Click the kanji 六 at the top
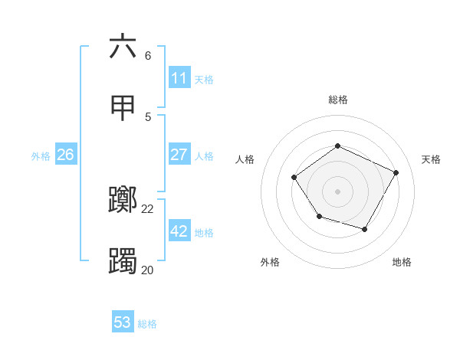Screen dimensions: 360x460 coord(123,47)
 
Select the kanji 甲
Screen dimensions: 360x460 coord(123,108)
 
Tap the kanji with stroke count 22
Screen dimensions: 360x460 coord(123,201)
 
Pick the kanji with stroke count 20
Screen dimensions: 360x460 coord(123,261)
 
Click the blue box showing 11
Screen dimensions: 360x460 coord(179,78)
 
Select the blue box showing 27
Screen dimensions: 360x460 coord(179,155)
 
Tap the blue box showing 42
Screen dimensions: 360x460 coord(179,231)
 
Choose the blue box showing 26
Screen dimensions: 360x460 coord(65,155)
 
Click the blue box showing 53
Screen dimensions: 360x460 coord(123,322)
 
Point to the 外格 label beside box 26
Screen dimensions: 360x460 coord(41,156)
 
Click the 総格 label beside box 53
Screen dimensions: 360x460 coord(147,324)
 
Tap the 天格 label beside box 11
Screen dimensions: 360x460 coord(204,80)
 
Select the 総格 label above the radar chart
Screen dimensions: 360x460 coord(337,100)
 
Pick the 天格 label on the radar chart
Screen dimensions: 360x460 coord(431,159)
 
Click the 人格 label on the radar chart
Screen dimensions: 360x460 coord(245,159)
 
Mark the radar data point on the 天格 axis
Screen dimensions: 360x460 coord(396,172)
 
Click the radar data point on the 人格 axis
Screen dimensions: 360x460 coord(294,178)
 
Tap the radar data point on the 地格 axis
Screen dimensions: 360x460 coord(364,229)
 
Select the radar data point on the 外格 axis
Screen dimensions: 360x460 coord(319,218)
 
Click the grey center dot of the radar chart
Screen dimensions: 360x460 coord(337,191)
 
